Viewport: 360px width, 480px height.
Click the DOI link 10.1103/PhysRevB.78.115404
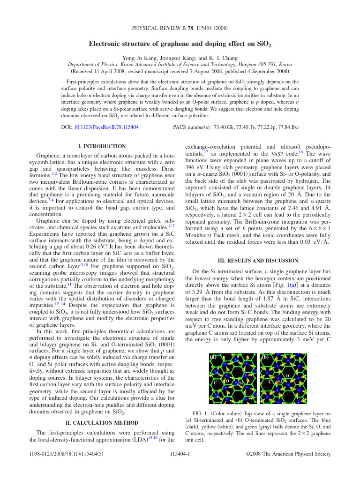(x=106, y=127)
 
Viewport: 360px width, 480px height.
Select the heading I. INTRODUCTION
(x=105, y=146)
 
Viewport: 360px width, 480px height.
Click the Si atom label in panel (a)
(x=241, y=383)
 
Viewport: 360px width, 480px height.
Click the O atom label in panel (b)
(x=287, y=376)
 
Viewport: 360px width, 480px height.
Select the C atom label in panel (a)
(x=215, y=383)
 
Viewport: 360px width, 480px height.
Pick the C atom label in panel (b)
(x=270, y=382)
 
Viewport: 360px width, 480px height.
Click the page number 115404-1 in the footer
(x=180, y=454)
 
